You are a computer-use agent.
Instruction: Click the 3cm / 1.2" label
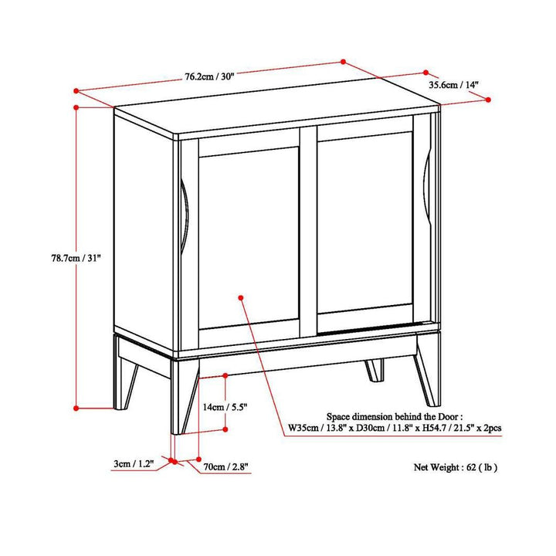pyautogui.click(x=133, y=463)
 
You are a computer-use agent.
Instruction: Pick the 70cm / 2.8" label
pyautogui.click(x=225, y=466)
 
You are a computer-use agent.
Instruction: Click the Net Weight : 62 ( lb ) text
pyautogui.click(x=456, y=466)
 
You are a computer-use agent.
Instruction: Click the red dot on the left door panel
pyautogui.click(x=241, y=296)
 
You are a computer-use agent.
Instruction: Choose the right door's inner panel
pyautogui.click(x=364, y=228)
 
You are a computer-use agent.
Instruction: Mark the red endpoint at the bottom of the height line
pyautogui.click(x=76, y=407)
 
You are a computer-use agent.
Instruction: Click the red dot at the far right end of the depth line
pyautogui.click(x=489, y=99)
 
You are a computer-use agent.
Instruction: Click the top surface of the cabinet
pyautogui.click(x=270, y=112)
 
